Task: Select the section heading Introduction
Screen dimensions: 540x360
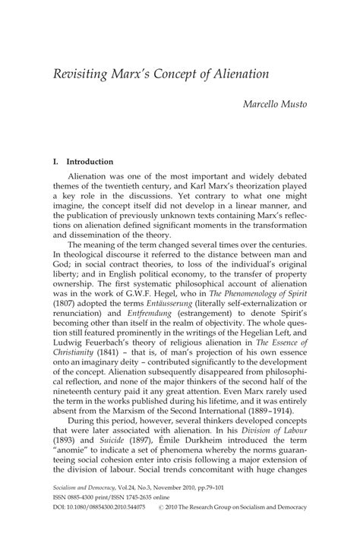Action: click(x=90, y=162)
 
